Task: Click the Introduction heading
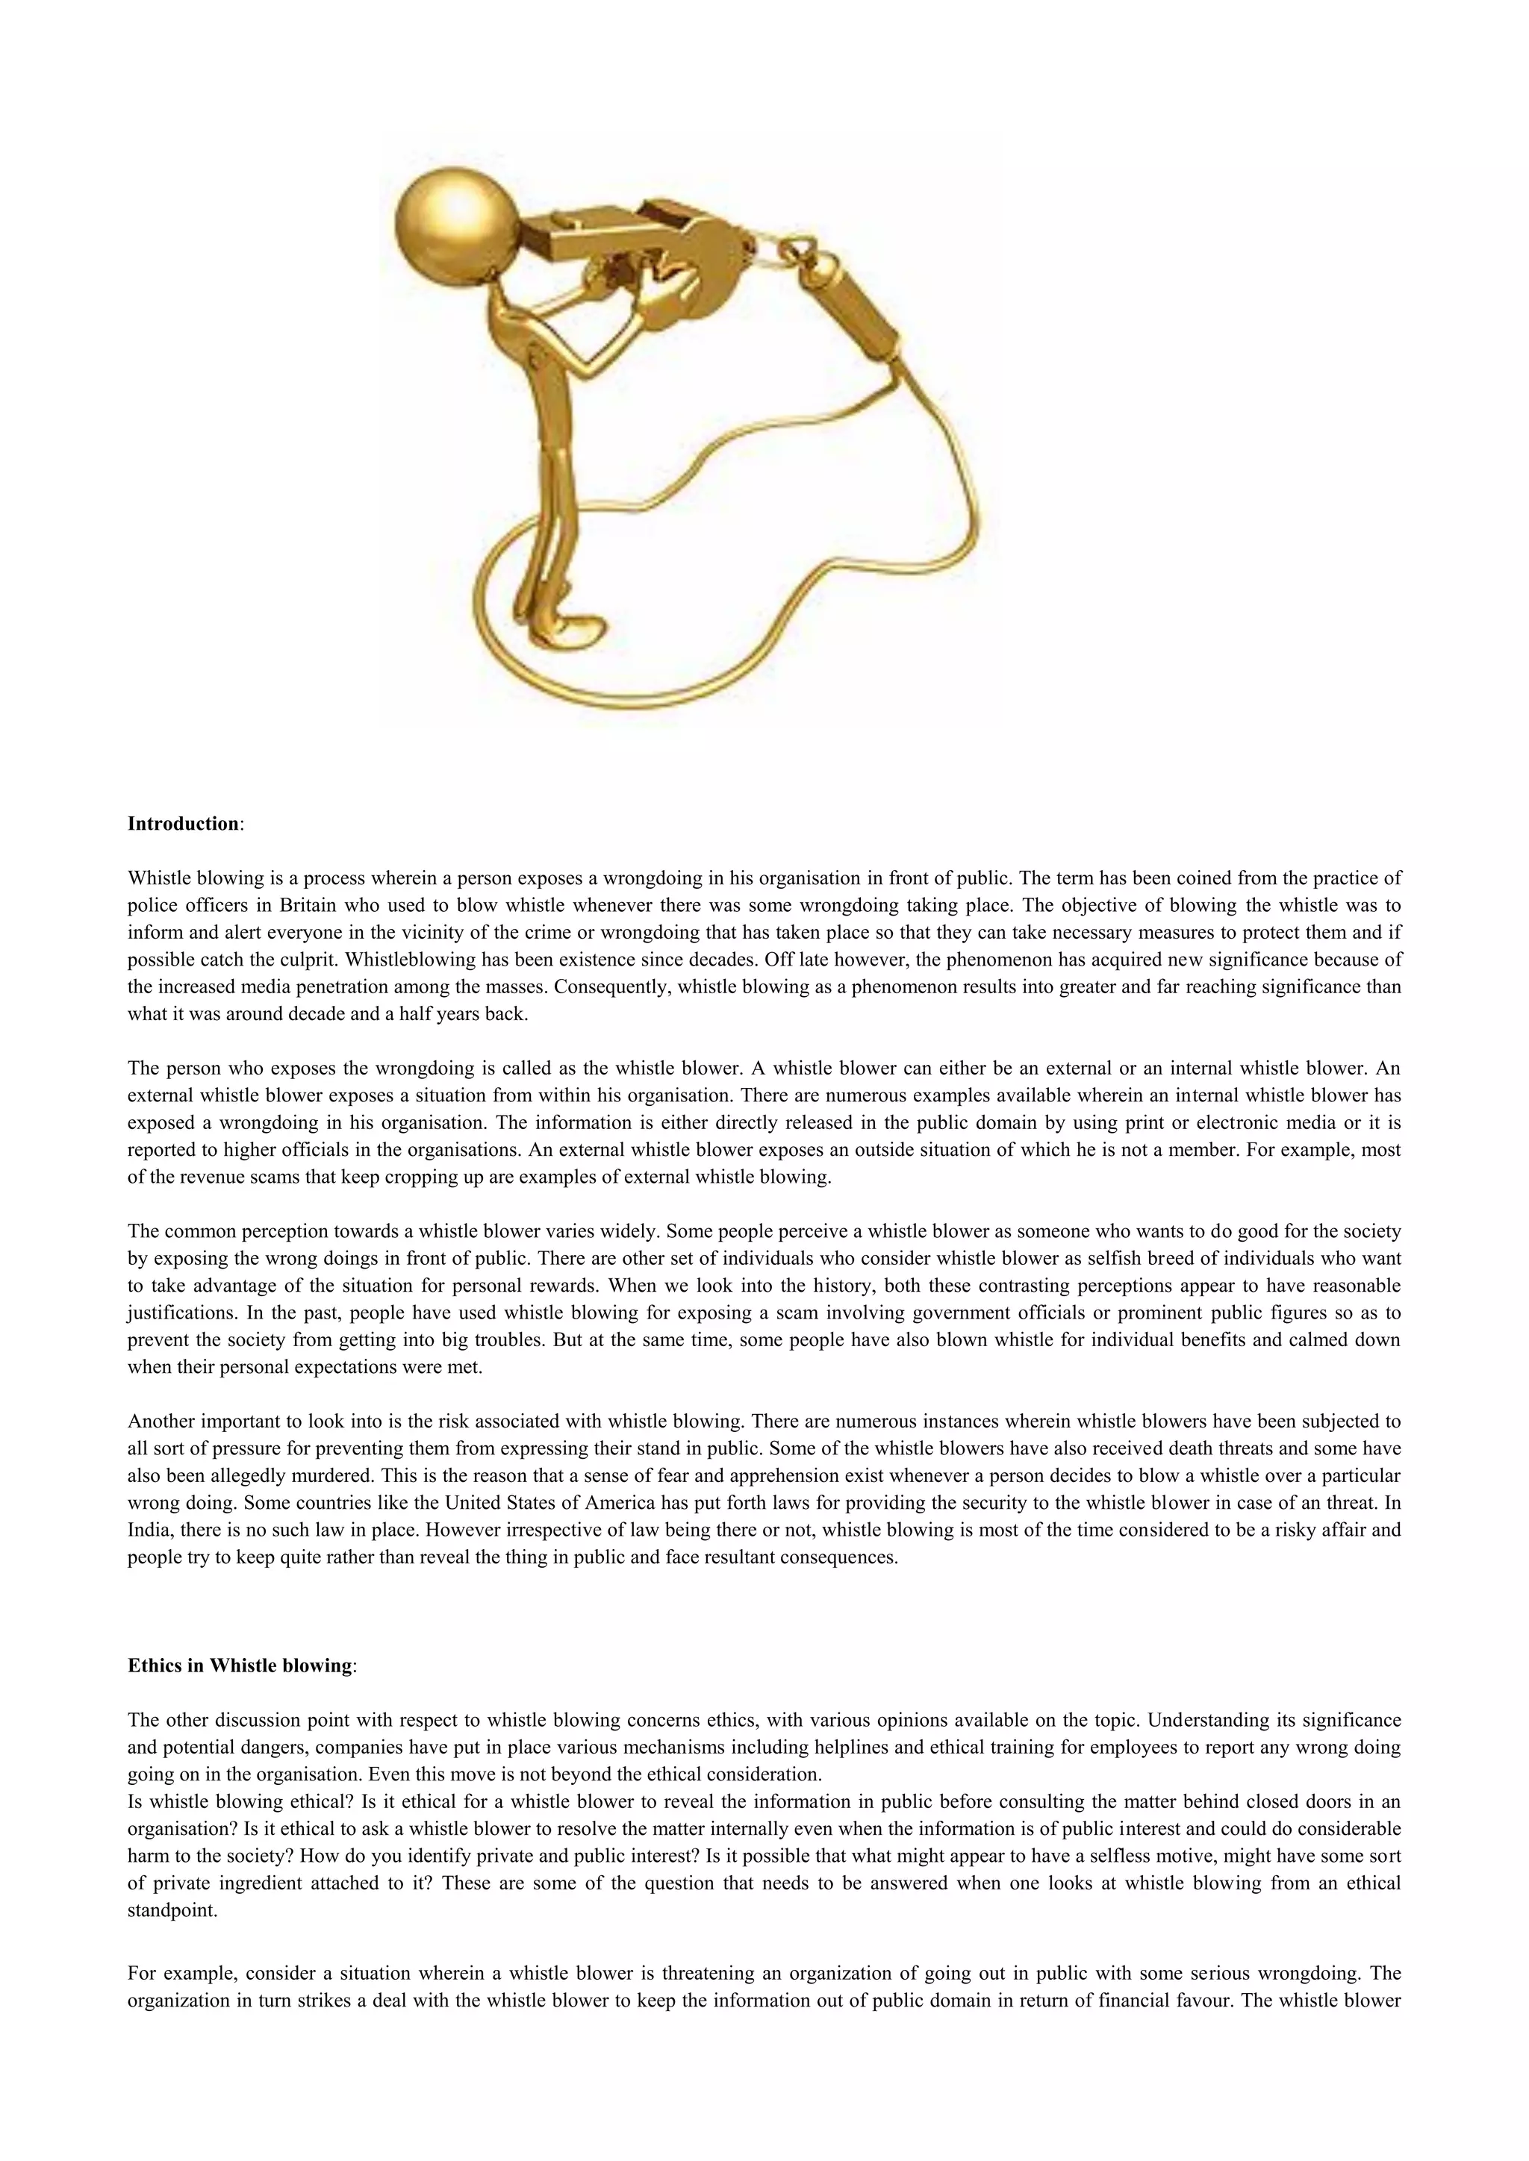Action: click(184, 824)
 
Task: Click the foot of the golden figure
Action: click(574, 629)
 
